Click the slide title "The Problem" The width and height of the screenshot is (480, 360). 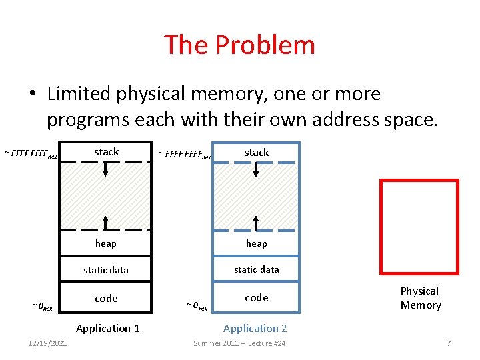click(239, 45)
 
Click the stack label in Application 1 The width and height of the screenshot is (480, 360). click(106, 152)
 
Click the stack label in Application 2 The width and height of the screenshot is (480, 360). click(256, 153)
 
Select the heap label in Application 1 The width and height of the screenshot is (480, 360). click(106, 243)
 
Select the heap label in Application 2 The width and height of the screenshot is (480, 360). click(256, 243)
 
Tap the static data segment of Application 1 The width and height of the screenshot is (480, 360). click(106, 270)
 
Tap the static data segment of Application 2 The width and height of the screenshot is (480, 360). click(256, 269)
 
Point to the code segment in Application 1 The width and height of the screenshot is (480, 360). click(106, 298)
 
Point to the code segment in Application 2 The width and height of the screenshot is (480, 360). click(256, 297)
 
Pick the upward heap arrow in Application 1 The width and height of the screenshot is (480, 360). click(105, 223)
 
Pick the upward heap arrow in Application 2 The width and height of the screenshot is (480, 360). click(256, 223)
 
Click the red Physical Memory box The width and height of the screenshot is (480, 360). click(419, 227)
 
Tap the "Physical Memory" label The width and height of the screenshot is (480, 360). click(420, 298)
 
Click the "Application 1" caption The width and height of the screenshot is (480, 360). click(108, 328)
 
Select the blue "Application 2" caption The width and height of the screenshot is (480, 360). click(255, 328)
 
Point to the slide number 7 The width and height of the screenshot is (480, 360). click(449, 343)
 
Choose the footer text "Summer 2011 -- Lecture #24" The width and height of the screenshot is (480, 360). click(239, 343)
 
